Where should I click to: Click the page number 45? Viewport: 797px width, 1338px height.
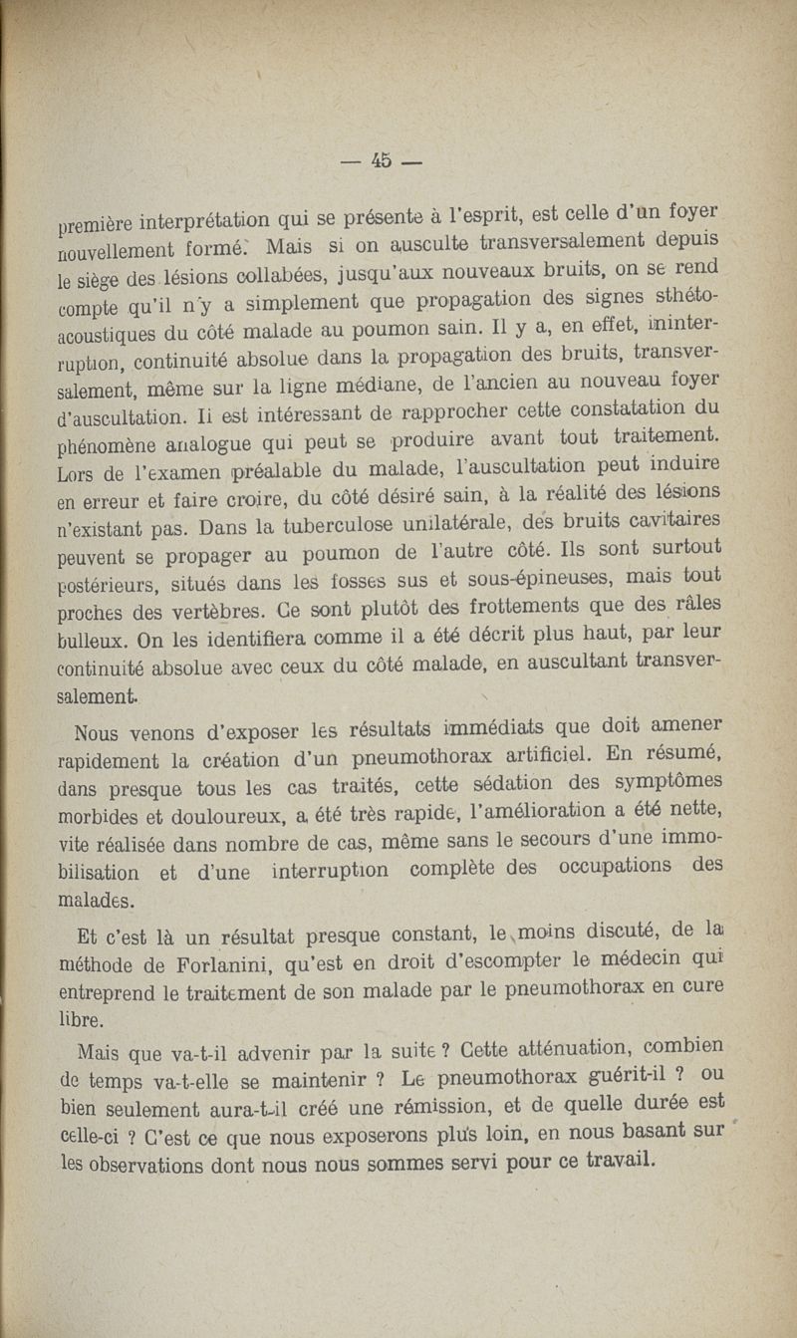coord(383,160)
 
